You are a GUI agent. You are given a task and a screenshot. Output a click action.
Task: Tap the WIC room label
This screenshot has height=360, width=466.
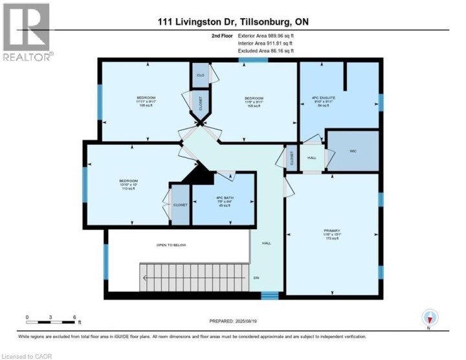pyautogui.click(x=353, y=152)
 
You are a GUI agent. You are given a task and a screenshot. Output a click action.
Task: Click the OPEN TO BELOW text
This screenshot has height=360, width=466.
pyautogui.click(x=172, y=245)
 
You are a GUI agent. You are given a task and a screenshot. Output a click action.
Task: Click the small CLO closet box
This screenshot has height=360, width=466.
pyautogui.click(x=201, y=76)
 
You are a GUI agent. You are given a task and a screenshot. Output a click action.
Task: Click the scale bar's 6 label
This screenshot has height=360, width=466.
pyautogui.click(x=75, y=317)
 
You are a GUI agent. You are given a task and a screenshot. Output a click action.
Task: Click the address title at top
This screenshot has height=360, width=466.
pyautogui.click(x=233, y=22)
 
